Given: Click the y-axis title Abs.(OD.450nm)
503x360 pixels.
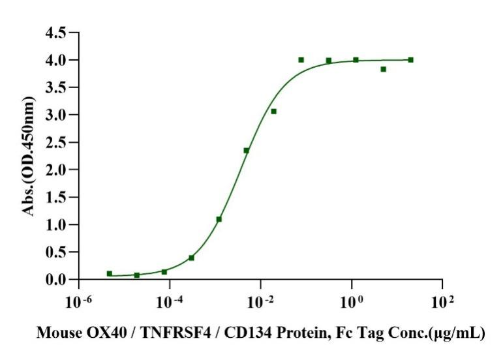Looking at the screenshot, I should pyautogui.click(x=29, y=157).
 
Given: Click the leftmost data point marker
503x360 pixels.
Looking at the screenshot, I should pyautogui.click(x=109, y=273).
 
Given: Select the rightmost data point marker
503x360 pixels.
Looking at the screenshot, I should pyautogui.click(x=410, y=59).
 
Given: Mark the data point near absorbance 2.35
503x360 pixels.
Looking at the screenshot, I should pyautogui.click(x=247, y=151).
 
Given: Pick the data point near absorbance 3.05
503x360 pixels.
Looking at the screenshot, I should pyautogui.click(x=274, y=112).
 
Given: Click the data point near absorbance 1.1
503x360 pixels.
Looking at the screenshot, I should pyautogui.click(x=219, y=219).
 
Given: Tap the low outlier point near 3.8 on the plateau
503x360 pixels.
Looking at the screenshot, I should pyautogui.click(x=383, y=69).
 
